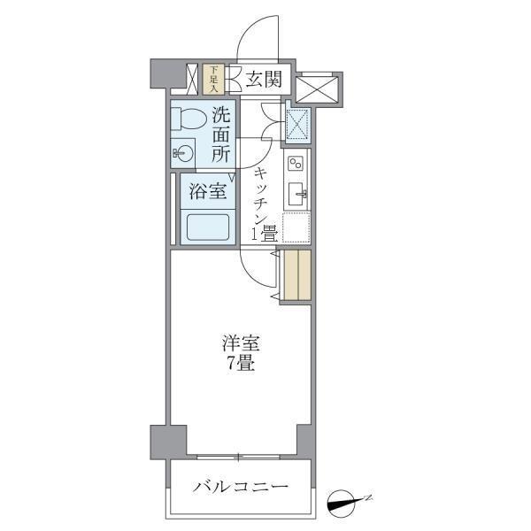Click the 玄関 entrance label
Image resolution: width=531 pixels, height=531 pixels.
click(x=263, y=80)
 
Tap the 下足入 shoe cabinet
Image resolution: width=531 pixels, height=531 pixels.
click(x=213, y=79)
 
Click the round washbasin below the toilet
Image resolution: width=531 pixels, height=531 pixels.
click(x=182, y=153)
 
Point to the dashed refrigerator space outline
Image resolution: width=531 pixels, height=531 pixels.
click(x=296, y=228)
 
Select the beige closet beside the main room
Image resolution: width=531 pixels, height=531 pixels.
click(x=297, y=276)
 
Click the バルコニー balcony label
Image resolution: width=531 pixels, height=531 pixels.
click(x=241, y=488)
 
